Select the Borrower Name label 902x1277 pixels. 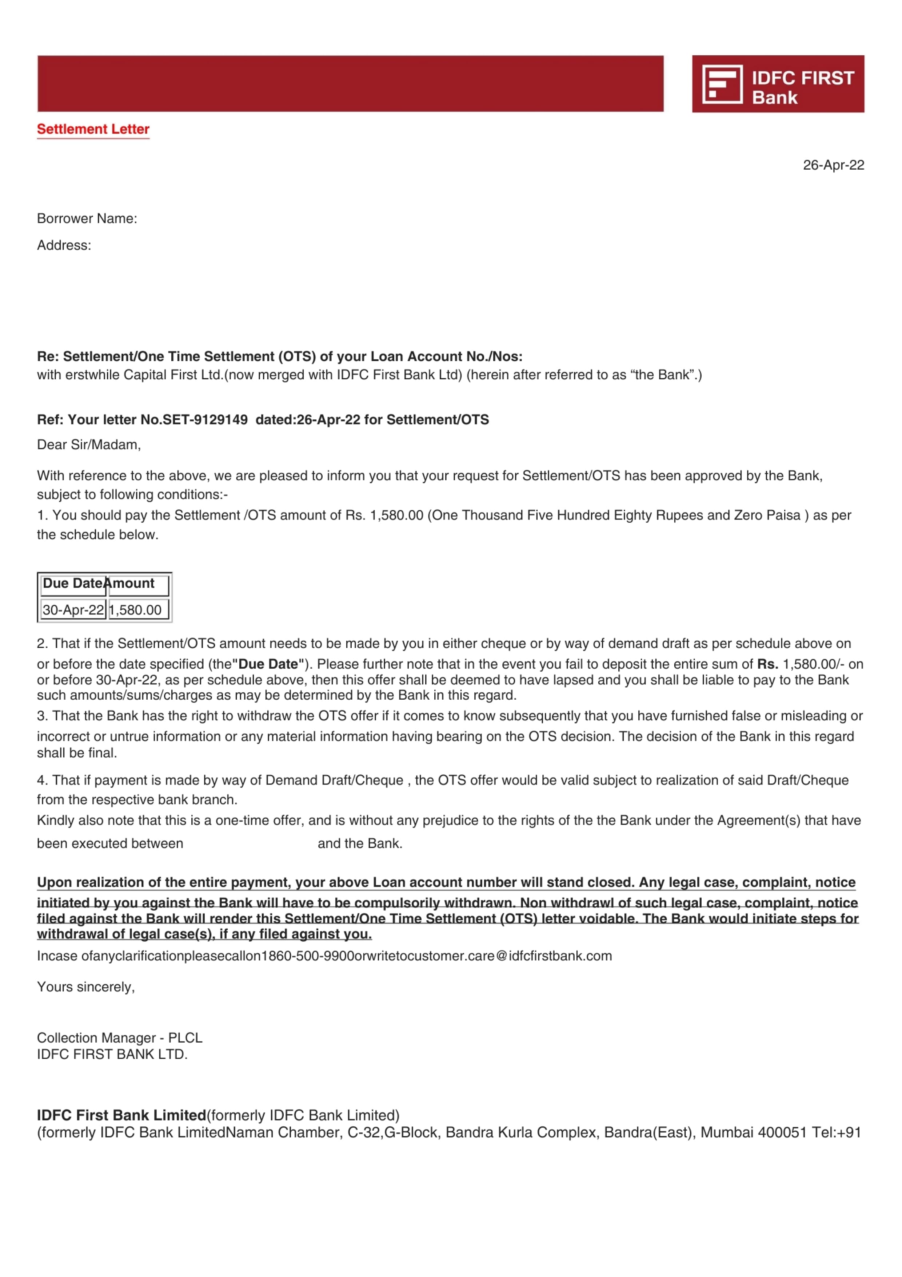click(87, 218)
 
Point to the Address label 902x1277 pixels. click(64, 245)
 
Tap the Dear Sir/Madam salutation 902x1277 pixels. click(89, 445)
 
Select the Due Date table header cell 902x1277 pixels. click(72, 584)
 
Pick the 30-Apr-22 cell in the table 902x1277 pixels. click(73, 610)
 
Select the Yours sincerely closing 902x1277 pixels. click(85, 987)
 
